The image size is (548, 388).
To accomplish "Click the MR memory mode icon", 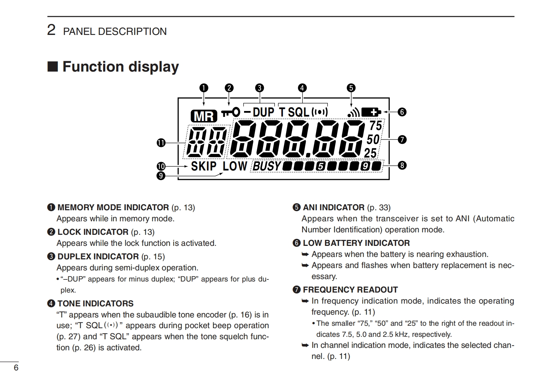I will [x=204, y=116].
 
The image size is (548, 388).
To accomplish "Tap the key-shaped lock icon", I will [x=230, y=112].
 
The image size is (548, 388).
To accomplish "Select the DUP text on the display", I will [x=263, y=112].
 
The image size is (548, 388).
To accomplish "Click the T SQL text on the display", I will [x=294, y=112].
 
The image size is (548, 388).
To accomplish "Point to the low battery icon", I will [x=371, y=112].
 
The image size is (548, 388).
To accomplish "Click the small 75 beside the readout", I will [x=376, y=125].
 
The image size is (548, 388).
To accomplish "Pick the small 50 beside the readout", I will [x=373, y=139].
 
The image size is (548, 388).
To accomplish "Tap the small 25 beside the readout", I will [x=370, y=153].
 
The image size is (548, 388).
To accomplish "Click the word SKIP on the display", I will [x=204, y=166].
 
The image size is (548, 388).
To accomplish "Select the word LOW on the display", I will [x=235, y=166].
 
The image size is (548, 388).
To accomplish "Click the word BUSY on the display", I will [x=267, y=166].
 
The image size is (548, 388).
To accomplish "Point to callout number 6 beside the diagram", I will [x=402, y=112].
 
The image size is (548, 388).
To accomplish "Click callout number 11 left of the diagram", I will [x=161, y=142].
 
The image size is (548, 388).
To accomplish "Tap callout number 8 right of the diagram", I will [x=402, y=165].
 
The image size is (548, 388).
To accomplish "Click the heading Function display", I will [x=120, y=66].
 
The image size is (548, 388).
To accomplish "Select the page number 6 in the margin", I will [x=16, y=368].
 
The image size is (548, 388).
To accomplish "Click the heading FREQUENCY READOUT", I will [x=350, y=289].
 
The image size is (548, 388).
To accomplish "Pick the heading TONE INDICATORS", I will [x=95, y=303].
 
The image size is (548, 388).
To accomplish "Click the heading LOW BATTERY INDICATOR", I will [x=356, y=243].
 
